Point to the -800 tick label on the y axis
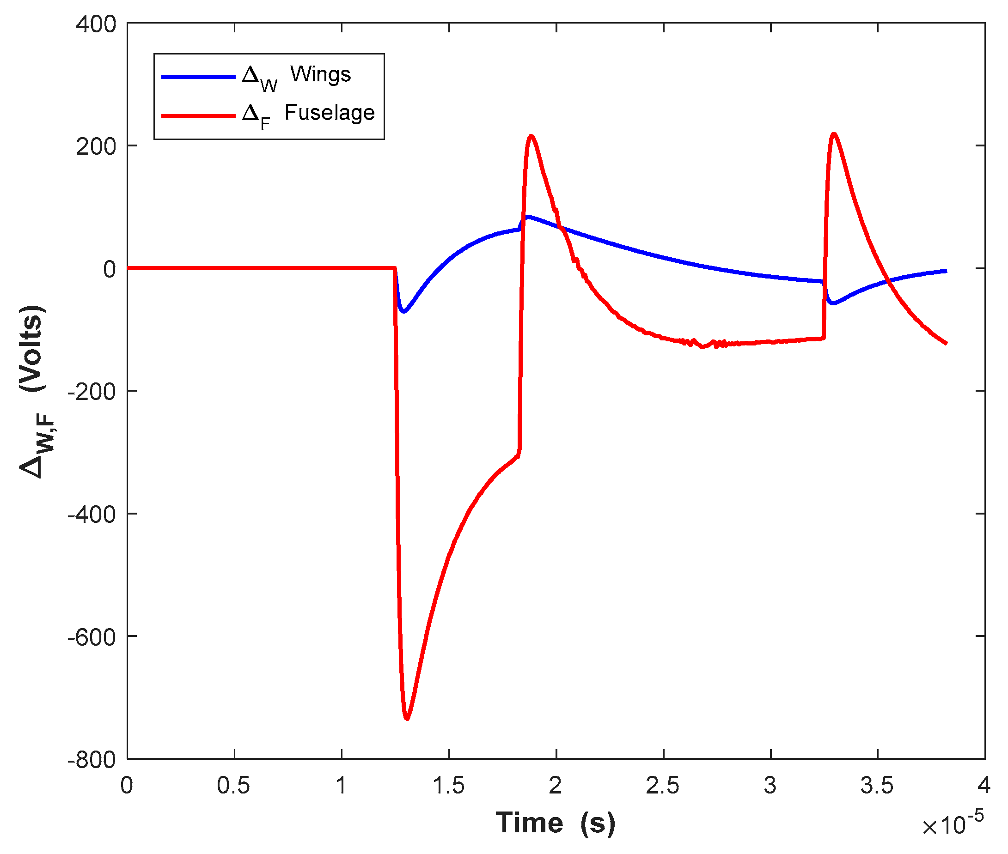click(x=92, y=760)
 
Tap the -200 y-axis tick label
click(x=92, y=391)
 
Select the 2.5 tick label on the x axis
click(x=663, y=785)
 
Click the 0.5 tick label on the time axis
click(x=233, y=785)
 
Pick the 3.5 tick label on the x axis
click(x=877, y=785)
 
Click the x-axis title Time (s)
click(x=556, y=823)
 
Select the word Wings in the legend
click(x=320, y=74)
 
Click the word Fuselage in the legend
click(x=330, y=112)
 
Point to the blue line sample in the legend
click(x=198, y=77)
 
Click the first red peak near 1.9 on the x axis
click(x=531, y=136)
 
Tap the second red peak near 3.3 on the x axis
click(x=834, y=134)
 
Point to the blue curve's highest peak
click(x=527, y=217)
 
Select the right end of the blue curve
click(x=946, y=271)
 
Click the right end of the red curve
click(x=946, y=343)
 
